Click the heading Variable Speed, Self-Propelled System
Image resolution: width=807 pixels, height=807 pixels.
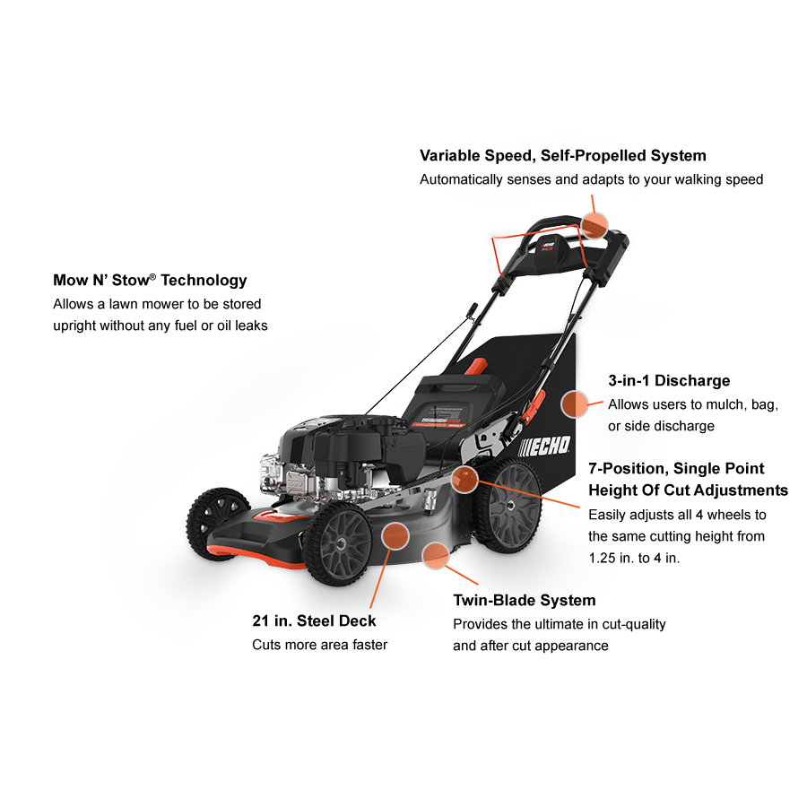pos(562,156)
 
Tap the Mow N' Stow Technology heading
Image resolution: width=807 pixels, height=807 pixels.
pos(150,281)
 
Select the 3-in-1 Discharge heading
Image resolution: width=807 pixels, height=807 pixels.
pos(669,381)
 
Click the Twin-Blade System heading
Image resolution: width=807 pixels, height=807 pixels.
pos(524,601)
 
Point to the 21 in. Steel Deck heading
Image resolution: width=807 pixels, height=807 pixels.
pos(314,621)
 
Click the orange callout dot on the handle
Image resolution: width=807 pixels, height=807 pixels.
pos(594,222)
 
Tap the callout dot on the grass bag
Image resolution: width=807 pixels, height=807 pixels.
pos(575,403)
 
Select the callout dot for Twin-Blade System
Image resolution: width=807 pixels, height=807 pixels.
pos(436,556)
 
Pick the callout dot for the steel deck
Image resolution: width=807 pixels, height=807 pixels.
pos(395,535)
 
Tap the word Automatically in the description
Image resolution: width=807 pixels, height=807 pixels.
pos(462,179)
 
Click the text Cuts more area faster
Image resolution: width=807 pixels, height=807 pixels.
pos(319,645)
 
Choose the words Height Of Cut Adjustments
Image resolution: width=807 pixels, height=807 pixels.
pos(688,490)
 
